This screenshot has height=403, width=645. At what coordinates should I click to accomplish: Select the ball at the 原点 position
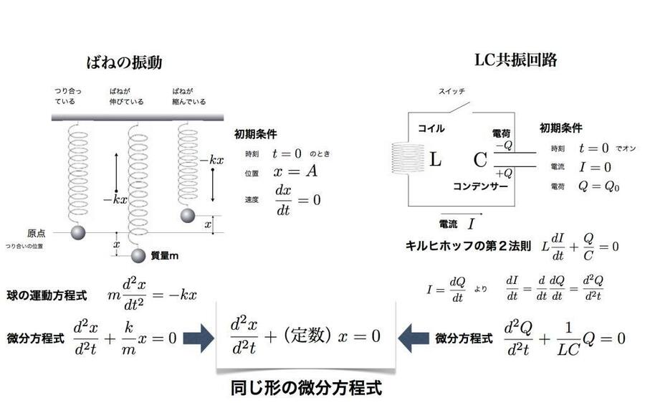coord(77,232)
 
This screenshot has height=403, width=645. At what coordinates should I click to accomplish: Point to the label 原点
coord(37,233)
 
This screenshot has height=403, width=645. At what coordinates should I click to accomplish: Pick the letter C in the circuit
coord(480,159)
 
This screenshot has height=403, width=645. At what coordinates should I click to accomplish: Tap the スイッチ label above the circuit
coord(453,92)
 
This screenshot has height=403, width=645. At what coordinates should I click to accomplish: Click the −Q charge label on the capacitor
coord(503,144)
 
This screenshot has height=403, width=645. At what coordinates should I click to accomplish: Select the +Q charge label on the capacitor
coord(503,173)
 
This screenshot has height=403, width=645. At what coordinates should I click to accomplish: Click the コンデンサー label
coord(480,186)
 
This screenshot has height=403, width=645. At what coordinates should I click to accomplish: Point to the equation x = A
coord(294,172)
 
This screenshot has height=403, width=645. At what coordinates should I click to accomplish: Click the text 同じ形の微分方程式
coord(306,388)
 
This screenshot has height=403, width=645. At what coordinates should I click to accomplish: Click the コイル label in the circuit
coord(431,129)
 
